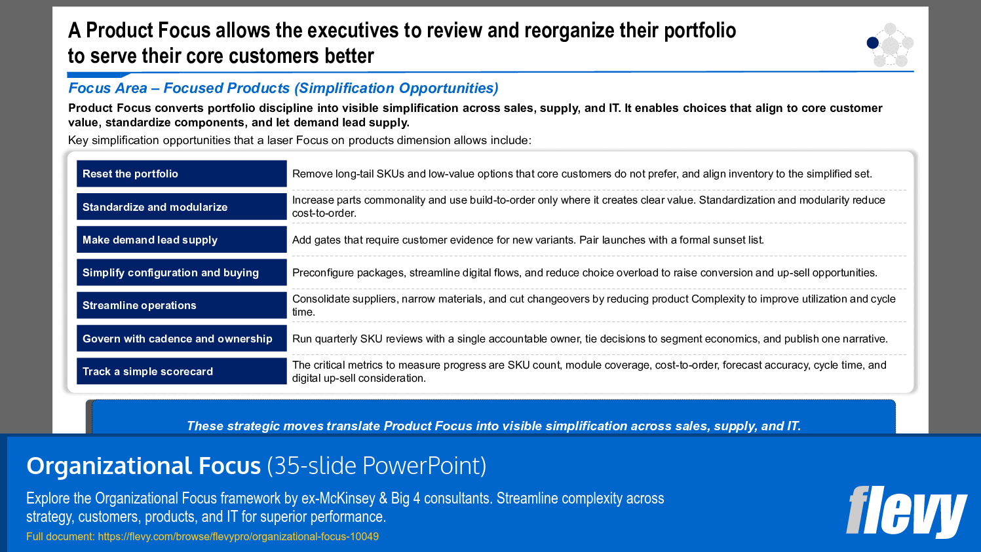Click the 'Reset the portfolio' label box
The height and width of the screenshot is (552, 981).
coord(182,174)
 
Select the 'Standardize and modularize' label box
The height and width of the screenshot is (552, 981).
coord(182,207)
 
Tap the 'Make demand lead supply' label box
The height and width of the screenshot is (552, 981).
coord(182,240)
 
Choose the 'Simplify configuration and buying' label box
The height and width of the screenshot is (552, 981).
coord(182,272)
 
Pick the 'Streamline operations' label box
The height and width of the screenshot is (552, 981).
coord(182,305)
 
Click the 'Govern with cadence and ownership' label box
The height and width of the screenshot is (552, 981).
coord(182,339)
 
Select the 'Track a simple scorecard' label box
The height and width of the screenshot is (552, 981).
coord(182,371)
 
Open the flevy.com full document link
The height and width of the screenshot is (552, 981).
coord(238,537)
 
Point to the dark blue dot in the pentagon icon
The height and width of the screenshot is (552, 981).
coord(872,43)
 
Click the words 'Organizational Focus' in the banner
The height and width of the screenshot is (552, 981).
coord(144,466)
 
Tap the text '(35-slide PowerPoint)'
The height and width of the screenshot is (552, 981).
coord(377,466)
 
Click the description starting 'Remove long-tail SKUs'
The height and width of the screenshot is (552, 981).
coord(582,174)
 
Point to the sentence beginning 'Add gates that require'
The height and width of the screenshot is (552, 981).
coord(528,240)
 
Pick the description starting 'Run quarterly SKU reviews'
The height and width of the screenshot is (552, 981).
coord(590,339)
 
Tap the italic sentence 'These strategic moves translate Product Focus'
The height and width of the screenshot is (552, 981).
coord(493,426)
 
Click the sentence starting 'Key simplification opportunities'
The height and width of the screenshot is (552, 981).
coord(299,141)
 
